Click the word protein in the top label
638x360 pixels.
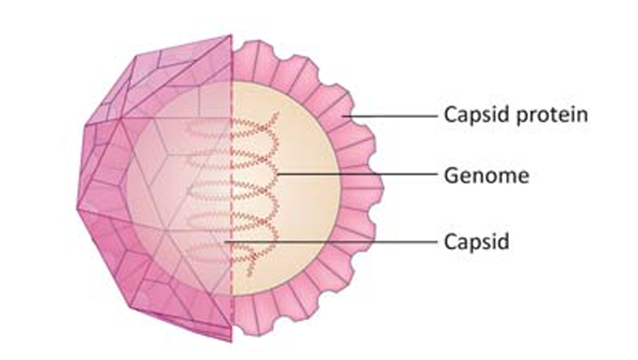[x=552, y=116]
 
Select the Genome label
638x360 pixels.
[x=486, y=176]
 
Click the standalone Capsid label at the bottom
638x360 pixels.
[x=476, y=243]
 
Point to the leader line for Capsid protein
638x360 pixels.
[x=389, y=116]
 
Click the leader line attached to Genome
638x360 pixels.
[x=358, y=174]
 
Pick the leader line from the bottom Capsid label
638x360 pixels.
[x=331, y=242]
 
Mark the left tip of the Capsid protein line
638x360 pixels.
[x=342, y=116]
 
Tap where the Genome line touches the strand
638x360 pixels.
[x=278, y=174]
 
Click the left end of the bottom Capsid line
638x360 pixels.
[x=225, y=242]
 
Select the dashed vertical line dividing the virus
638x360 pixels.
[x=232, y=188]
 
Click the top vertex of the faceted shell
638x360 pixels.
[x=231, y=35]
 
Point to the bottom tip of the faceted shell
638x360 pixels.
[x=231, y=342]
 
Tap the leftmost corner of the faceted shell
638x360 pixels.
[x=77, y=209]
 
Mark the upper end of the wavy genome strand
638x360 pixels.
[x=278, y=113]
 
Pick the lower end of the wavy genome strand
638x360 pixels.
[x=249, y=276]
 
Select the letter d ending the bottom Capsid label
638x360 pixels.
[x=503, y=241]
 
